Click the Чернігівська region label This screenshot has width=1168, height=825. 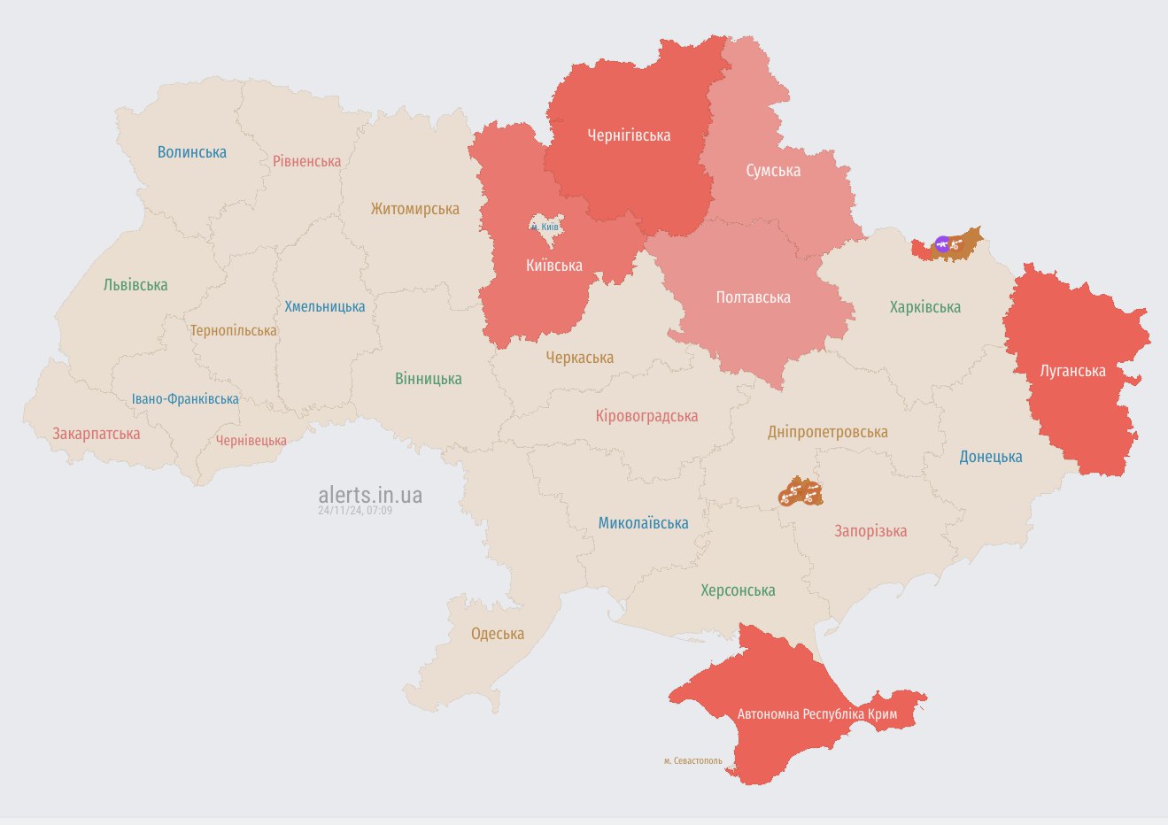[x=629, y=135]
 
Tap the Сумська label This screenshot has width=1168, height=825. [x=773, y=170]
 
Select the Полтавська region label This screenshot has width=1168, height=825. [x=753, y=297]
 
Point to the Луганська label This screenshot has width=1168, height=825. [x=1072, y=371]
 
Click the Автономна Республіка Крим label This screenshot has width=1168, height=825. [x=816, y=713]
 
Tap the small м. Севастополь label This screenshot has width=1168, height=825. [x=692, y=760]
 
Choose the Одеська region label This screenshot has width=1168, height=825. [x=497, y=634]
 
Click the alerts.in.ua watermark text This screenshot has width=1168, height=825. [x=370, y=494]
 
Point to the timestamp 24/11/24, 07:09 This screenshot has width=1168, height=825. [x=355, y=511]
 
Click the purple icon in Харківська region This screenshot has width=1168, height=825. [x=943, y=243]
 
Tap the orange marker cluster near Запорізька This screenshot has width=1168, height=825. [x=800, y=492]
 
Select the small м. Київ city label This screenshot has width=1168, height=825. [x=545, y=227]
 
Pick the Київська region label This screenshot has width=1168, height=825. [x=554, y=265]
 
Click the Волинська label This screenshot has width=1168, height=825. [x=191, y=152]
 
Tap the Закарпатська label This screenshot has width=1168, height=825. [x=96, y=434]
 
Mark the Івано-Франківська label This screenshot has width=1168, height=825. [x=185, y=399]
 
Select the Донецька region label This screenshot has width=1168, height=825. [x=990, y=457]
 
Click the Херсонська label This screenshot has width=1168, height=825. [x=738, y=590]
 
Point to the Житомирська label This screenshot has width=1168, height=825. [x=414, y=209]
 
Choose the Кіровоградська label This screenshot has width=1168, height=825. [x=646, y=416]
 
